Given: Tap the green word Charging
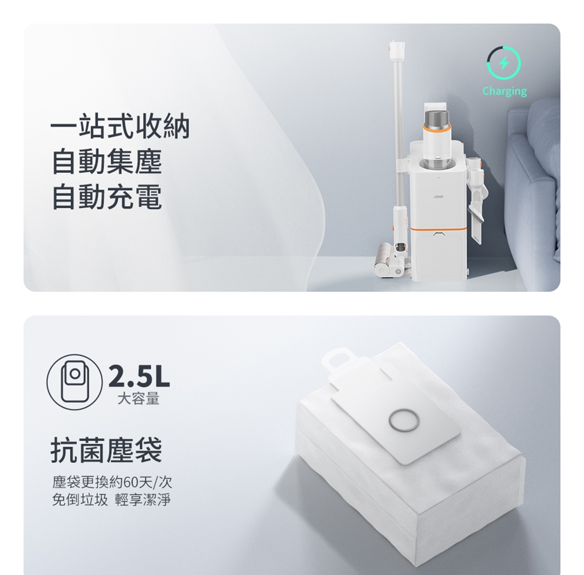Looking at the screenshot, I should [505, 91].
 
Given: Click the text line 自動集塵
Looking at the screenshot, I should [106, 163].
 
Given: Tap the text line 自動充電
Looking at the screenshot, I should [106, 197].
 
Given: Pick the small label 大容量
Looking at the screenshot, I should [138, 399].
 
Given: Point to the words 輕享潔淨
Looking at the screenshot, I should [143, 500].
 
